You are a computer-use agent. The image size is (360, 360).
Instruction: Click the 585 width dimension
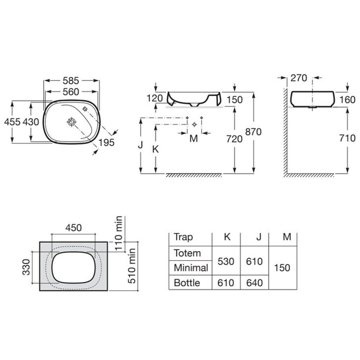point(71,81)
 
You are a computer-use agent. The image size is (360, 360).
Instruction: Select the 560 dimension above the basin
point(71,92)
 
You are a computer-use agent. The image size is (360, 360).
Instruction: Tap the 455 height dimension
point(12,121)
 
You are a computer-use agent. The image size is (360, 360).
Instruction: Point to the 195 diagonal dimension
point(107,143)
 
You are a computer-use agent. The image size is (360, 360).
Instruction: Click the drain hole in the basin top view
point(72,122)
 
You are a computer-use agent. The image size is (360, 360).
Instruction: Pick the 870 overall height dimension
point(253,132)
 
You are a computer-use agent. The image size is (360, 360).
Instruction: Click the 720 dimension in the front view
point(234,139)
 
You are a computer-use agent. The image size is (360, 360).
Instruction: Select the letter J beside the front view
point(140,145)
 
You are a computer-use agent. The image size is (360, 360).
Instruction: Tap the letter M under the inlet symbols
point(194,139)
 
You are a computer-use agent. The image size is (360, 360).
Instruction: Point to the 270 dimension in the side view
point(299,78)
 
